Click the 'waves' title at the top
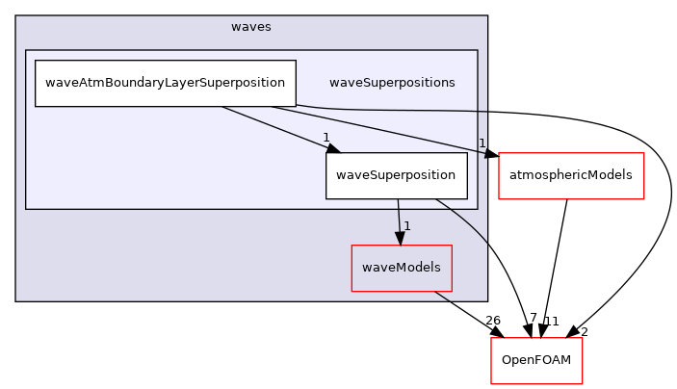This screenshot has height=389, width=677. click(x=250, y=27)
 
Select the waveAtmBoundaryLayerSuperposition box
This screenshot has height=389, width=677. click(x=165, y=83)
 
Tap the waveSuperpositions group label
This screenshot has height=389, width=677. click(x=392, y=83)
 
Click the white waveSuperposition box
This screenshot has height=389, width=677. click(x=396, y=175)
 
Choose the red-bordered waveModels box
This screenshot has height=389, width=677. click(x=402, y=268)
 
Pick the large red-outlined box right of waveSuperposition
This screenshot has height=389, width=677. click(x=571, y=175)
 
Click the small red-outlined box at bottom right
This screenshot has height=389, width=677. click(x=536, y=360)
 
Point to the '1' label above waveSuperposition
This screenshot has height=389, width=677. click(x=326, y=137)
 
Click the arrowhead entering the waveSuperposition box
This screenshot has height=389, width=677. click(x=332, y=148)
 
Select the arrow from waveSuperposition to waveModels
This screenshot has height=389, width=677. click(x=399, y=217)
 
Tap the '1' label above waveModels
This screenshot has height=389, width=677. click(x=407, y=226)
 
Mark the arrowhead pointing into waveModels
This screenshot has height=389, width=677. click(x=400, y=238)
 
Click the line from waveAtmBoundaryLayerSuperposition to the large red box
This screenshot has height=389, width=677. click(x=385, y=130)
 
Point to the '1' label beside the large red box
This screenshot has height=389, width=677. click(x=482, y=143)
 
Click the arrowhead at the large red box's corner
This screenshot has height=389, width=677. click(x=490, y=152)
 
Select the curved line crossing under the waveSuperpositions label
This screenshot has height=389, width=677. click(x=404, y=111)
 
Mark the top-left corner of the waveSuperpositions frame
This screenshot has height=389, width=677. click(x=26, y=50)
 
